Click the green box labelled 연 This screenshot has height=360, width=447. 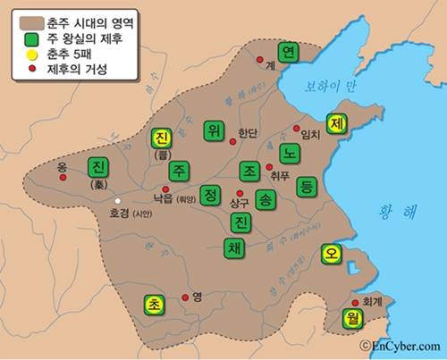click(x=288, y=53)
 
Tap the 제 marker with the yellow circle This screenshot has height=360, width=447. click(x=338, y=123)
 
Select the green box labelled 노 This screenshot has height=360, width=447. click(x=288, y=151)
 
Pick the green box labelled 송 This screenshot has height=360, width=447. click(x=266, y=198)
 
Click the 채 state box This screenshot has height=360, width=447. click(x=233, y=247)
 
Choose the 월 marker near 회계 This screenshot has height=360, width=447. click(x=349, y=316)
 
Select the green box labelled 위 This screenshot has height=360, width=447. click(x=213, y=130)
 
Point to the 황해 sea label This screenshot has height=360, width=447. click(x=398, y=211)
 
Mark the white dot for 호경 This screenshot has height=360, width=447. click(x=116, y=199)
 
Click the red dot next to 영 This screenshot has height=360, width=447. click(x=185, y=297)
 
